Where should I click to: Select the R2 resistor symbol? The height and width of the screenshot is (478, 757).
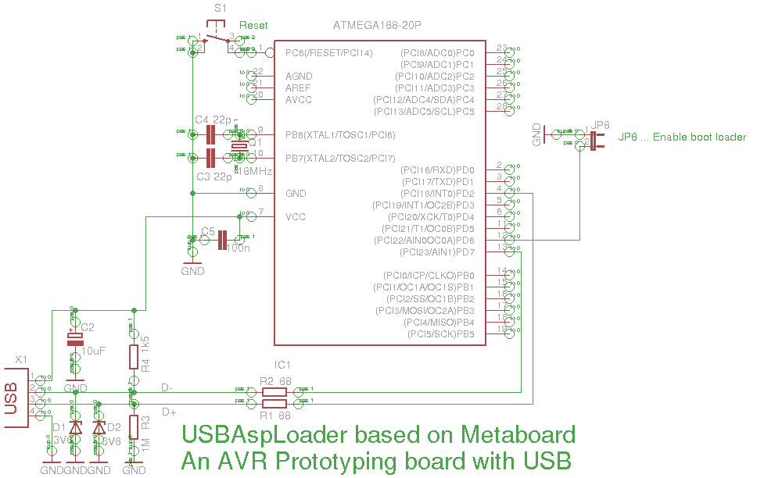pyautogui.click(x=274, y=392)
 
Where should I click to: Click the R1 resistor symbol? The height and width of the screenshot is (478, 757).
pyautogui.click(x=274, y=403)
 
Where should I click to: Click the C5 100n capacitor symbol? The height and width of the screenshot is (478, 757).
pyautogui.click(x=222, y=241)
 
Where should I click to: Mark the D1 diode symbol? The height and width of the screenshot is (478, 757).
pyautogui.click(x=75, y=429)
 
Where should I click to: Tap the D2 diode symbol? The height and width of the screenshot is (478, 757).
pyautogui.click(x=99, y=429)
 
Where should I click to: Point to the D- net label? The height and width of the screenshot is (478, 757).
pyautogui.click(x=167, y=387)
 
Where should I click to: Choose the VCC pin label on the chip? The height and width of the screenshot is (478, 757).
pyautogui.click(x=296, y=217)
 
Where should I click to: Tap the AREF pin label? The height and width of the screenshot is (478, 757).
pyautogui.click(x=299, y=88)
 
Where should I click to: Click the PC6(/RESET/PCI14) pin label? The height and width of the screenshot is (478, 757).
pyautogui.click(x=328, y=53)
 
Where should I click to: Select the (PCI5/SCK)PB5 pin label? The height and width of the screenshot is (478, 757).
pyautogui.click(x=441, y=334)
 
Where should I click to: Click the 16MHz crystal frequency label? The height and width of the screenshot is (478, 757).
pyautogui.click(x=254, y=171)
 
